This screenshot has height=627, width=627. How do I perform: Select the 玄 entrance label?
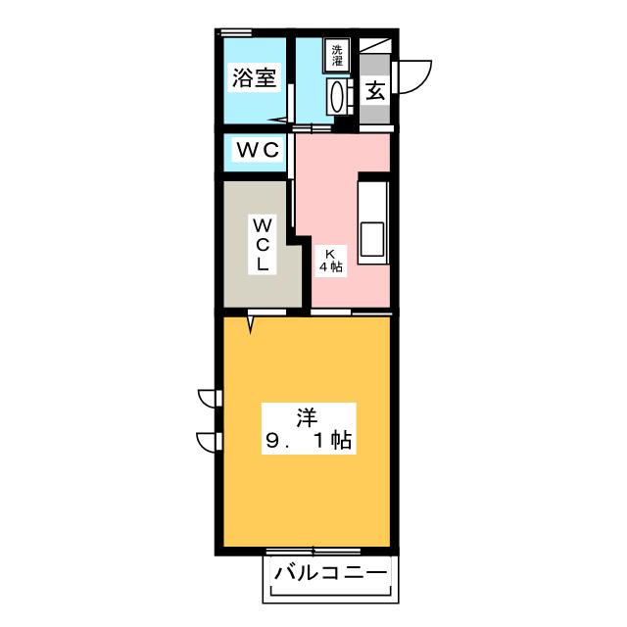375,91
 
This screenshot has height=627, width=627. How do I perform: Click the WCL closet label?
263,244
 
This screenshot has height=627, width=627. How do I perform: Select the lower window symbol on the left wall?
209,440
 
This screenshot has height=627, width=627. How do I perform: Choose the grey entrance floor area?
375,113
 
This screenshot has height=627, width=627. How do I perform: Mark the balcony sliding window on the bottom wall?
313,551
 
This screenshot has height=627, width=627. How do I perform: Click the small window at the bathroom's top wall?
231,33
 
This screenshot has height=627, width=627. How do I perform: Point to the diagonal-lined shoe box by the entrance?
375,46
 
